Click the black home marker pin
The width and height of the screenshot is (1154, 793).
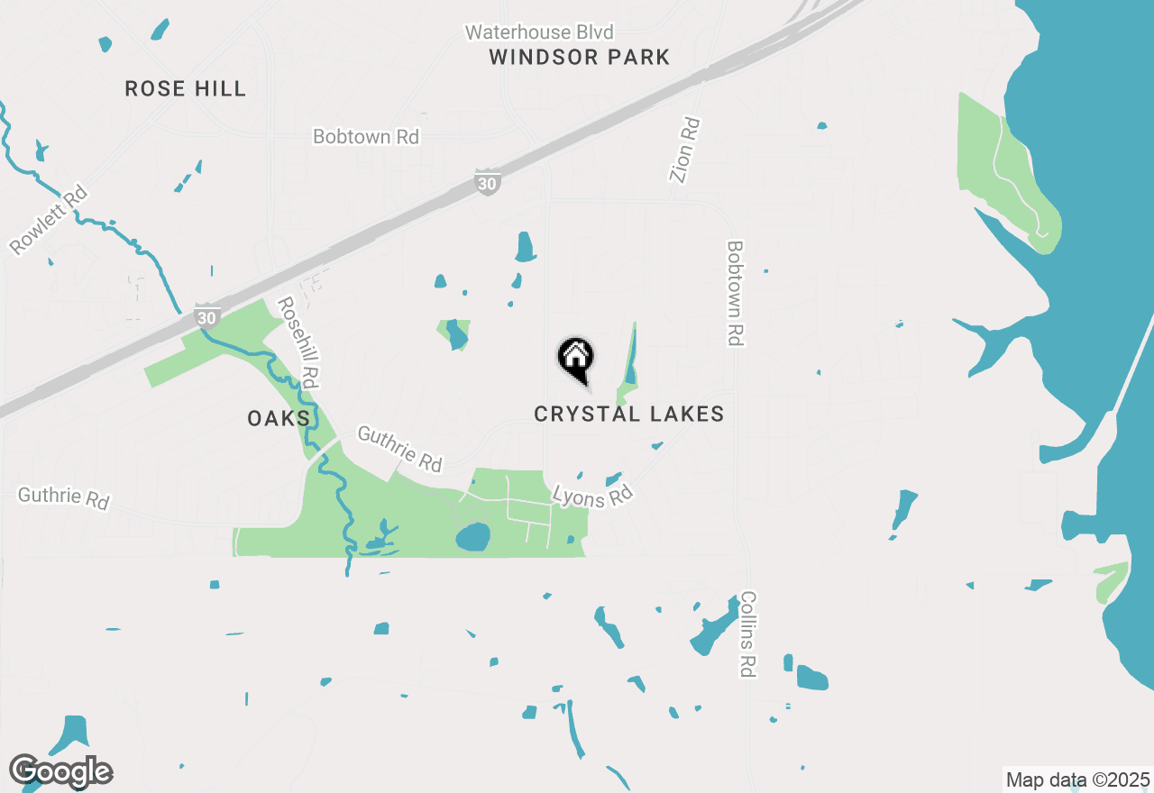575,359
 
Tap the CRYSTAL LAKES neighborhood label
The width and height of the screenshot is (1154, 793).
628,414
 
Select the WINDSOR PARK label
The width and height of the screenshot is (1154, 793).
580,58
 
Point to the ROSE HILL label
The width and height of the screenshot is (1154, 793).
185,88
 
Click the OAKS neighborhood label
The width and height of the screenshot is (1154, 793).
279,418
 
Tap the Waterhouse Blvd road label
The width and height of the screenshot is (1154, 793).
539,32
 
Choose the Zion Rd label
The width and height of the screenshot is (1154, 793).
685,150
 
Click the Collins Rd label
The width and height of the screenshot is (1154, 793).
747,634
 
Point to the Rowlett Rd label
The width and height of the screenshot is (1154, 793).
50,220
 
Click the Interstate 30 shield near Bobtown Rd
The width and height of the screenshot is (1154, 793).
488,183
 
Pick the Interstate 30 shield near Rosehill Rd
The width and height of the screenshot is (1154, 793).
206,316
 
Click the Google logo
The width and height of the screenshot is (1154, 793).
60,771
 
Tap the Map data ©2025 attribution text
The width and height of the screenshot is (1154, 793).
1077,779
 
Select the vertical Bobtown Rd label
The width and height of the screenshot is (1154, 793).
735,293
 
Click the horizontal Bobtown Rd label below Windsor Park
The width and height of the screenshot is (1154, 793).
366,137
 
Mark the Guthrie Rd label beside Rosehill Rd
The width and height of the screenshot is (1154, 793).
400,449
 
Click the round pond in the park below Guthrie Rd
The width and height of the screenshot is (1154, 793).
472,538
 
